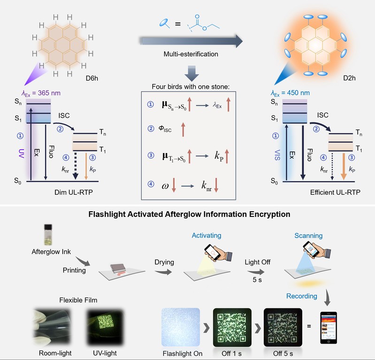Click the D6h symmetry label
(92, 78)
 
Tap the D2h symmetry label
(349, 78)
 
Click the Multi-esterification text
(191, 54)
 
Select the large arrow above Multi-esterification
(191, 41)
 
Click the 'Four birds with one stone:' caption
(191, 86)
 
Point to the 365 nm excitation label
(41, 93)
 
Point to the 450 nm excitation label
(290, 93)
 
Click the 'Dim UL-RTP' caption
(73, 192)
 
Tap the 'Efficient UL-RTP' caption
(335, 192)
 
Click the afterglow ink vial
(48, 235)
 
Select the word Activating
(207, 235)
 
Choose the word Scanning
(308, 236)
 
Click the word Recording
(302, 296)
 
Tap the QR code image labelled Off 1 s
(232, 327)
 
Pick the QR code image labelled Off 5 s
(283, 327)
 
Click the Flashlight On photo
(181, 327)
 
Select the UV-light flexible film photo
(105, 327)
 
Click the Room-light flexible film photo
(52, 327)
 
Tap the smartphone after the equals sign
(329, 328)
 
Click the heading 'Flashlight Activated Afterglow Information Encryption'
(189, 214)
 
